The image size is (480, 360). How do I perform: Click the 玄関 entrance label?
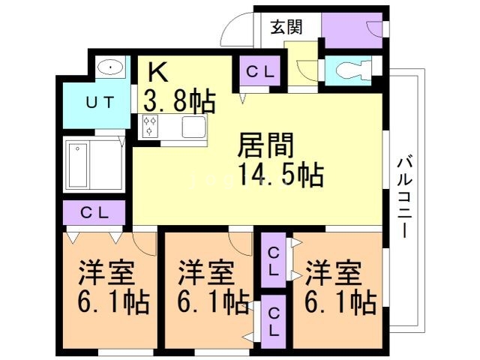click(286, 27)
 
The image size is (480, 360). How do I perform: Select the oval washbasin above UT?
click(110, 67)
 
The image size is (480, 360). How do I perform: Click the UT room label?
click(100, 102)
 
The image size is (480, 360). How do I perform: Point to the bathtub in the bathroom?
click(78, 166)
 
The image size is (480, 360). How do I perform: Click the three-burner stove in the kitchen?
click(150, 126)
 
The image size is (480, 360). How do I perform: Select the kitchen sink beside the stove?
click(193, 127)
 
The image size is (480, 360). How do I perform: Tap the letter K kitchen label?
click(158, 72)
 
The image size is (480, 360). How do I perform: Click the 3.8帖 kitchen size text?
click(180, 100)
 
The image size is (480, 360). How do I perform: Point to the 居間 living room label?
click(265, 145)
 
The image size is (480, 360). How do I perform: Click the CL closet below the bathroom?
click(94, 212)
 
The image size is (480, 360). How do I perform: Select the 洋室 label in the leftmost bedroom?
click(106, 273)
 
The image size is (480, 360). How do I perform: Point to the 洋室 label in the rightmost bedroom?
click(334, 273)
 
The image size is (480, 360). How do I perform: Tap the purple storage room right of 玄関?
click(352, 30)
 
